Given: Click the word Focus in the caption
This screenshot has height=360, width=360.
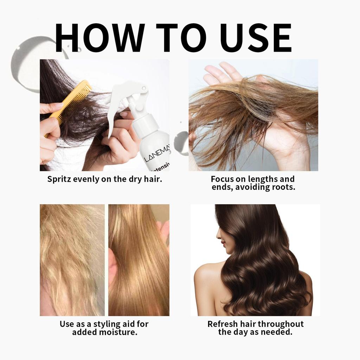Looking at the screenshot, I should click(x=222, y=179).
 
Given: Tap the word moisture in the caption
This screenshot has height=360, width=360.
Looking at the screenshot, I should click(x=120, y=332).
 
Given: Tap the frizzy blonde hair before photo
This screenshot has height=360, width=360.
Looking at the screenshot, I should click(x=72, y=260).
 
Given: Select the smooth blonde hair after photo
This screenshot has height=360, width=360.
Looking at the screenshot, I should click(x=139, y=260).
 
